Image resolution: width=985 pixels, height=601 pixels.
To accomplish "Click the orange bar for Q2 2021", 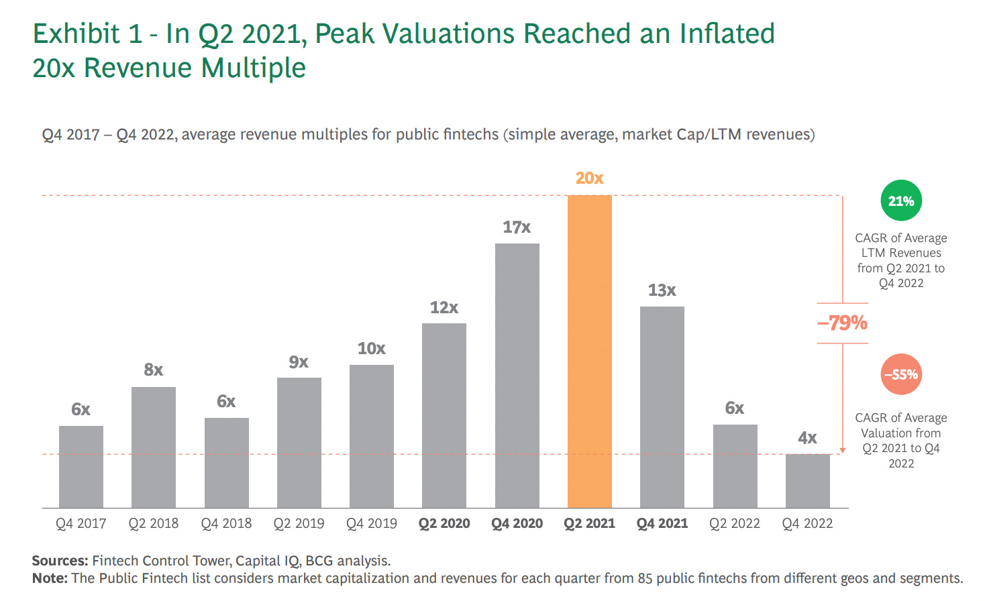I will pyautogui.click(x=589, y=351).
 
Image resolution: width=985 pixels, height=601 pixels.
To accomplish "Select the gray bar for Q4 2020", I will pyautogui.click(x=517, y=376).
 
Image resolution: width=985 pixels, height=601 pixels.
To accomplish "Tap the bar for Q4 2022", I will pyautogui.click(x=807, y=481).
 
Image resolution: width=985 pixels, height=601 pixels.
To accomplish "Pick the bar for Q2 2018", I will pyautogui.click(x=153, y=447).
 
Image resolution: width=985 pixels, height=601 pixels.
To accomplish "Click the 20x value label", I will pyautogui.click(x=589, y=178).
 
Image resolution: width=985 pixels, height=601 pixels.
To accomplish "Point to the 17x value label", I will pyautogui.click(x=517, y=227).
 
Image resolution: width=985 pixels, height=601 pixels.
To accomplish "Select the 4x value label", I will pyautogui.click(x=807, y=438).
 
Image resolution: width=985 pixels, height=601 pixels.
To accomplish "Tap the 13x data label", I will pyautogui.click(x=662, y=290).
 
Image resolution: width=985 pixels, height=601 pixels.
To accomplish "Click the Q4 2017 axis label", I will pyautogui.click(x=81, y=524).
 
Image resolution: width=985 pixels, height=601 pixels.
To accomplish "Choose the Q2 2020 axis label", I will pyautogui.click(x=444, y=524).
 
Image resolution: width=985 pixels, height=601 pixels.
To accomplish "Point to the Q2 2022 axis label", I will pyautogui.click(x=735, y=524).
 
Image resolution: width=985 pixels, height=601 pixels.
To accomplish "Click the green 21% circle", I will pyautogui.click(x=900, y=201).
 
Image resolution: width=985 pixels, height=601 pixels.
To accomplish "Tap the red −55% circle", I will pyautogui.click(x=900, y=374).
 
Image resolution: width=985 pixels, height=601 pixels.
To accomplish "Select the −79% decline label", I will pyautogui.click(x=842, y=323).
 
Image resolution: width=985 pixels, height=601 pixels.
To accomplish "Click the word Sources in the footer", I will pyautogui.click(x=59, y=561).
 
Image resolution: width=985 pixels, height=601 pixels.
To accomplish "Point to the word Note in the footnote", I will pyautogui.click(x=49, y=578).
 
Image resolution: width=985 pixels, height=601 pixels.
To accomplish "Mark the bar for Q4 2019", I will pyautogui.click(x=371, y=437).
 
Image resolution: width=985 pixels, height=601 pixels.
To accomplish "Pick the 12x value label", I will pyautogui.click(x=444, y=308).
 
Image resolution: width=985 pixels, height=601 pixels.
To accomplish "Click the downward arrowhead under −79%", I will pyautogui.click(x=843, y=451).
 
